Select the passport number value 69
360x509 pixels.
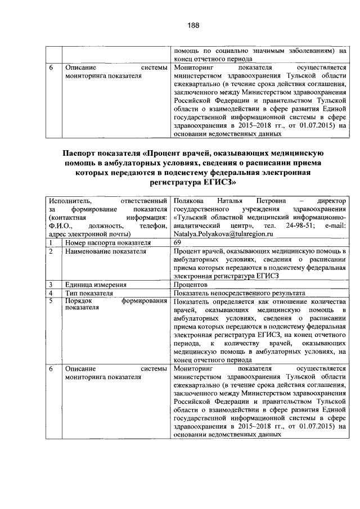(178, 242)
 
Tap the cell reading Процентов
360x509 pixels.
(192, 285)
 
